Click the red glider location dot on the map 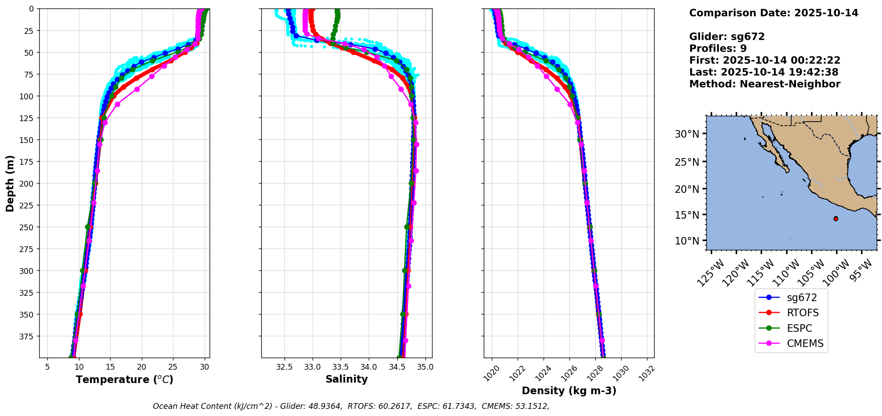[x=836, y=219]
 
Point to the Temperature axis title [x=124, y=379]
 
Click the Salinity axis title [x=346, y=379]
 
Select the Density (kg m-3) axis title [x=569, y=391]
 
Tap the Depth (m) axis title [x=10, y=183]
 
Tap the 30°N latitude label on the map [x=687, y=134]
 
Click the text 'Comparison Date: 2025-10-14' [x=774, y=13]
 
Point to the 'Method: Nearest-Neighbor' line [x=765, y=84]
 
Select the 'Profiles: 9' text [x=718, y=49]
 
